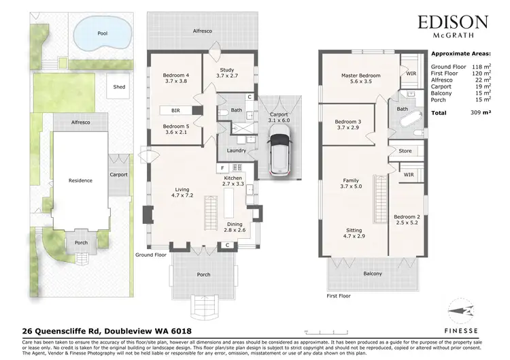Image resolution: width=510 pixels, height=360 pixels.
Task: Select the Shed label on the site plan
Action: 119,86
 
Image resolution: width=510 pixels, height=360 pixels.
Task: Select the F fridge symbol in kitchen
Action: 222,167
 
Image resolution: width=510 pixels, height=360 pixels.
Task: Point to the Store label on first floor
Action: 406,151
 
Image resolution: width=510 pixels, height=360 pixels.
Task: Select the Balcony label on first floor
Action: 372,274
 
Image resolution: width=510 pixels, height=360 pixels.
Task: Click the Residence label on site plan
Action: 80,181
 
